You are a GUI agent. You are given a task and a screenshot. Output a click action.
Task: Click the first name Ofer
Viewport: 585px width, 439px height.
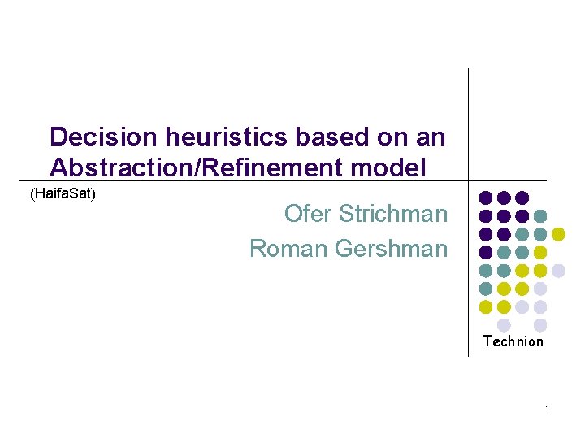pos(308,214)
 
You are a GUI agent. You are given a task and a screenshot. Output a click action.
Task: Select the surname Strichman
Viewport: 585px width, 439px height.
pos(393,214)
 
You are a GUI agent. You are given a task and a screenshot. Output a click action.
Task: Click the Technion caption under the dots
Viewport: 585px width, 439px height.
pos(513,341)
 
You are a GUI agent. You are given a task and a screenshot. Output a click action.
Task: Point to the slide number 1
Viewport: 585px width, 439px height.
pos(548,406)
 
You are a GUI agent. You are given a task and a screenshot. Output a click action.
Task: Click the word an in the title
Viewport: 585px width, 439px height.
pos(431,137)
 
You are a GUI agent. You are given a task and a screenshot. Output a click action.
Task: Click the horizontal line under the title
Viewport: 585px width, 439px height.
pos(244,180)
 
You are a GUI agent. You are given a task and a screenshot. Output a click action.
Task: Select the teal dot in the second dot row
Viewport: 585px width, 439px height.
pos(540,216)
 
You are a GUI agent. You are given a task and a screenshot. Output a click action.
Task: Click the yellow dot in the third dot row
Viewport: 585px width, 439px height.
pos(558,234)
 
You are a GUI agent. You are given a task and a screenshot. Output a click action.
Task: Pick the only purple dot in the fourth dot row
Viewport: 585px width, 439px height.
pos(486,252)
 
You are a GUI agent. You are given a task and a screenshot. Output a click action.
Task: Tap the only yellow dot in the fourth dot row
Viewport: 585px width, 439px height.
pos(540,252)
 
